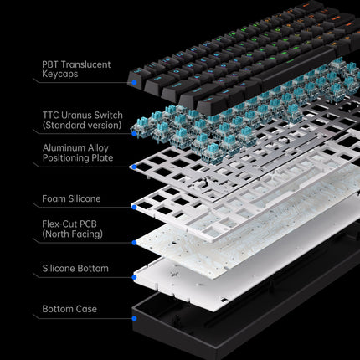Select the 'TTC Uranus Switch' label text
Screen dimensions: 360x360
tap(82, 115)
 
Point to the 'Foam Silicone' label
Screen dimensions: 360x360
tap(71, 199)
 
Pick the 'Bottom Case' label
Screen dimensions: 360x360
tap(69, 310)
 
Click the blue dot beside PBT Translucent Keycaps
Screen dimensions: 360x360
tap(132, 82)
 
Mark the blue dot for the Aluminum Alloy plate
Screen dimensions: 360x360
tap(132, 167)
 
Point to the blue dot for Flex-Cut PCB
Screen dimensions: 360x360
tap(132, 243)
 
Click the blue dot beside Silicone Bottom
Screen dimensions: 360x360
tap(132, 275)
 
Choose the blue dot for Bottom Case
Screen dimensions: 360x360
tap(132, 317)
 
